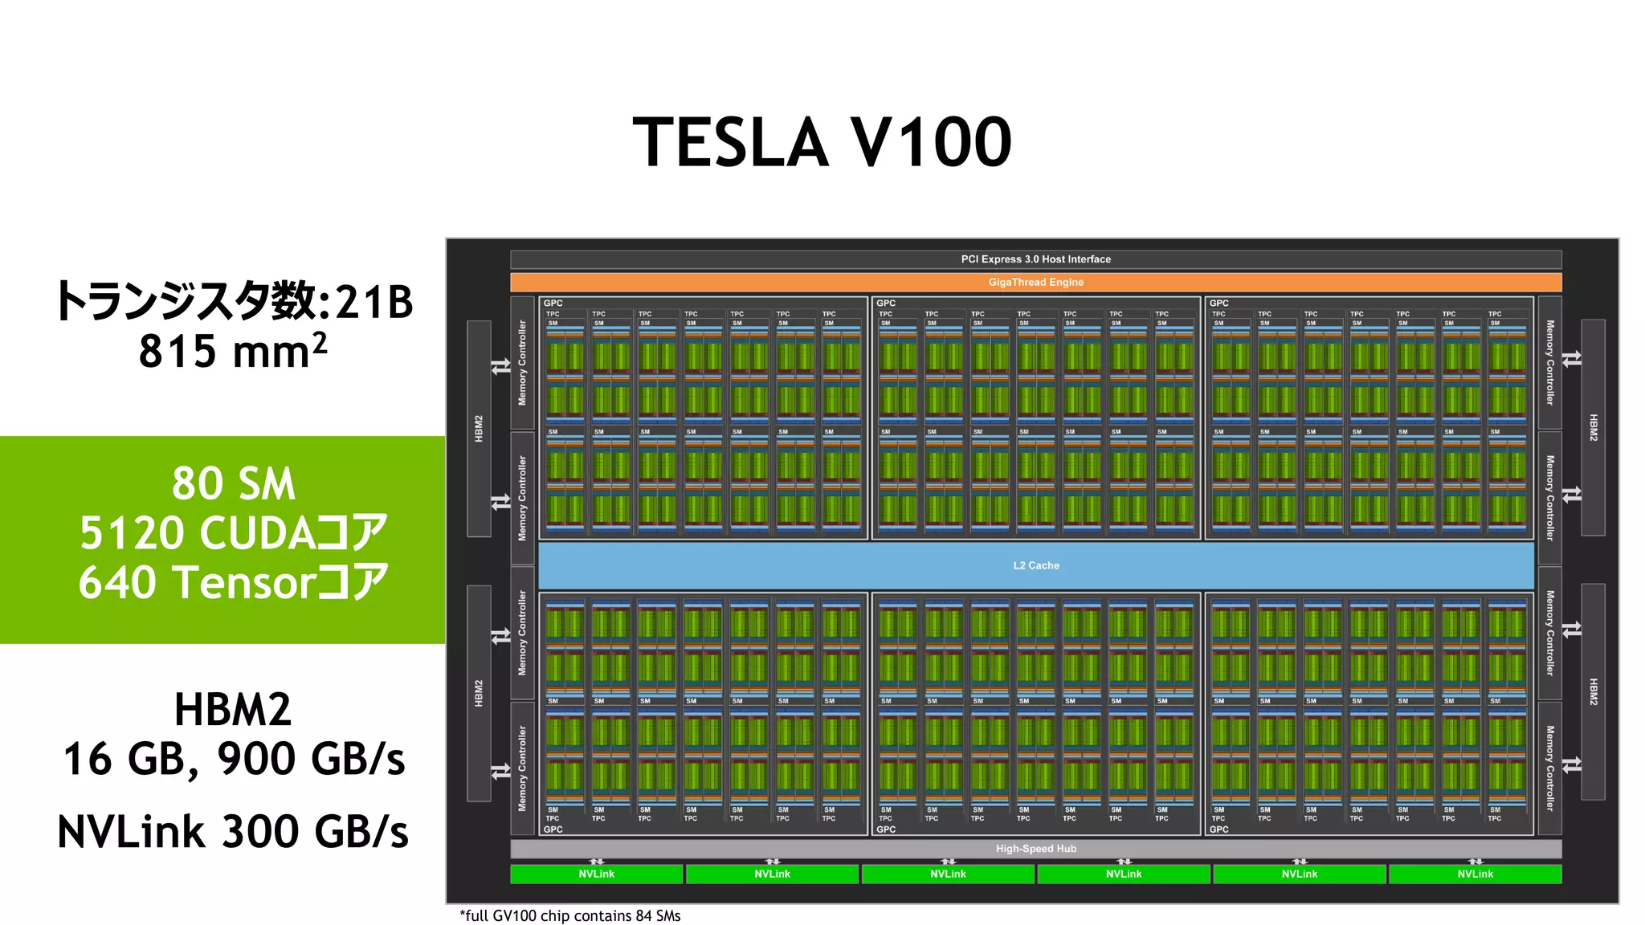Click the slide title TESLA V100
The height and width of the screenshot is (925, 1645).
(x=822, y=143)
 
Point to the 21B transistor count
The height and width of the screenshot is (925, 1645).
(x=373, y=303)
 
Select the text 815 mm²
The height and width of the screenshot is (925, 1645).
(x=233, y=352)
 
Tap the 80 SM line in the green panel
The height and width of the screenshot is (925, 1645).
(x=233, y=483)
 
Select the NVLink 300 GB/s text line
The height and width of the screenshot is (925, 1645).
(x=233, y=832)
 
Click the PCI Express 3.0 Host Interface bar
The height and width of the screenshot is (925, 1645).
(x=1035, y=259)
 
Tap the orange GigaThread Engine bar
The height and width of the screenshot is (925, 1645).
(x=1035, y=283)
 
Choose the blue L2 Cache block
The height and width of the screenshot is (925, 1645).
(x=1035, y=565)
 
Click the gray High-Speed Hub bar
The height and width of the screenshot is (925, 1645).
(x=1035, y=849)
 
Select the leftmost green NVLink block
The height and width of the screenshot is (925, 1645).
(x=596, y=874)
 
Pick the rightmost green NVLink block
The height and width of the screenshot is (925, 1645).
(x=1475, y=874)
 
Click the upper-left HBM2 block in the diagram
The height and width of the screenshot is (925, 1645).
(x=479, y=428)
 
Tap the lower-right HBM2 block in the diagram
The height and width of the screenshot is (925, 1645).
(x=1593, y=691)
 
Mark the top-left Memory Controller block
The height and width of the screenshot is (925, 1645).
(x=523, y=363)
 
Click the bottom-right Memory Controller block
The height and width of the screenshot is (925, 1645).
(x=1549, y=768)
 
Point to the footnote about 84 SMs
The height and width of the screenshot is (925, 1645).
(x=569, y=916)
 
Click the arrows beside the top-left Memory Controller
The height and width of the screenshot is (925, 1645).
(x=501, y=367)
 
